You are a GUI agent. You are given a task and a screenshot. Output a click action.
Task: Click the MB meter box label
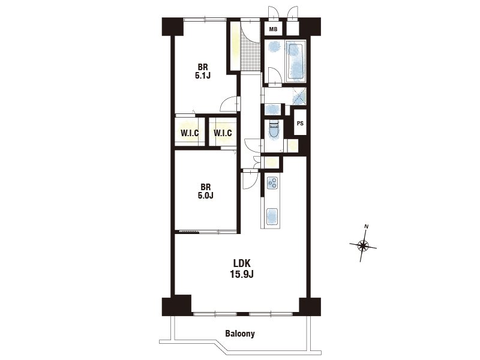(x=273, y=29)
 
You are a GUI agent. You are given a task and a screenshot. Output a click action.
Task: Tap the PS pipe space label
(x=300, y=124)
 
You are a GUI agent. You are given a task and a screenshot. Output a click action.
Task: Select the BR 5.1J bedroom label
(x=203, y=71)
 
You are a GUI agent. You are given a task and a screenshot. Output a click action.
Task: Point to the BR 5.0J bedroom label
(x=205, y=191)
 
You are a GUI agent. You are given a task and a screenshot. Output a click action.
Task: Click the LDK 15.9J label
(x=242, y=268)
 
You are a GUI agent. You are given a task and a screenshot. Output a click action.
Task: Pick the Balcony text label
(x=240, y=334)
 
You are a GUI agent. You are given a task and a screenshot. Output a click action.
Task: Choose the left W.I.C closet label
(x=190, y=133)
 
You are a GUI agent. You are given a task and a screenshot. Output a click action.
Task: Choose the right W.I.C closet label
(x=223, y=133)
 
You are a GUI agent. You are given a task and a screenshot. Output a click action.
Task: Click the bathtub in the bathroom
(x=296, y=62)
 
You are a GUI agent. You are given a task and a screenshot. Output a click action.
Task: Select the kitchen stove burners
(x=272, y=183)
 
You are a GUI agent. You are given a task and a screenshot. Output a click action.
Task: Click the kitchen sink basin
(x=272, y=217)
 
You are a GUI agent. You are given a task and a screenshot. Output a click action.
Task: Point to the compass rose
(x=363, y=245)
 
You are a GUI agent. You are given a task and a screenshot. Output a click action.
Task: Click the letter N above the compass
(x=367, y=227)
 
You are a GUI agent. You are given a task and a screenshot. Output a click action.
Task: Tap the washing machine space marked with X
(x=299, y=96)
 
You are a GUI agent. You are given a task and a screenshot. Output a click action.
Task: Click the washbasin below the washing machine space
(x=272, y=109)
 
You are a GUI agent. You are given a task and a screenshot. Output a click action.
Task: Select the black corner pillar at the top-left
(x=172, y=26)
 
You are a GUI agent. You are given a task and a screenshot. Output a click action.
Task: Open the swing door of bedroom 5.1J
(x=230, y=104)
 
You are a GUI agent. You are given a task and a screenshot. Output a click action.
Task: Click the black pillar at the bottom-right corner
(x=310, y=307)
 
